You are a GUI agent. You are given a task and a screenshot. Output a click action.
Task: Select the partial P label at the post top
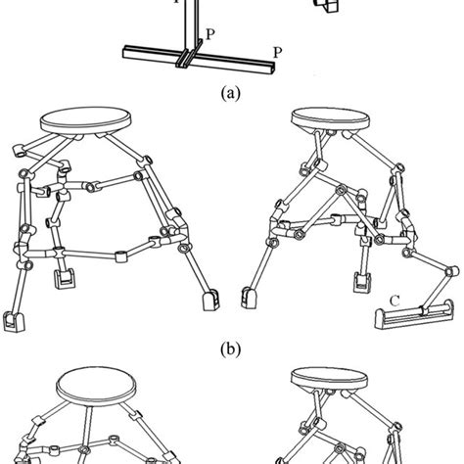coord(177,3)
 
